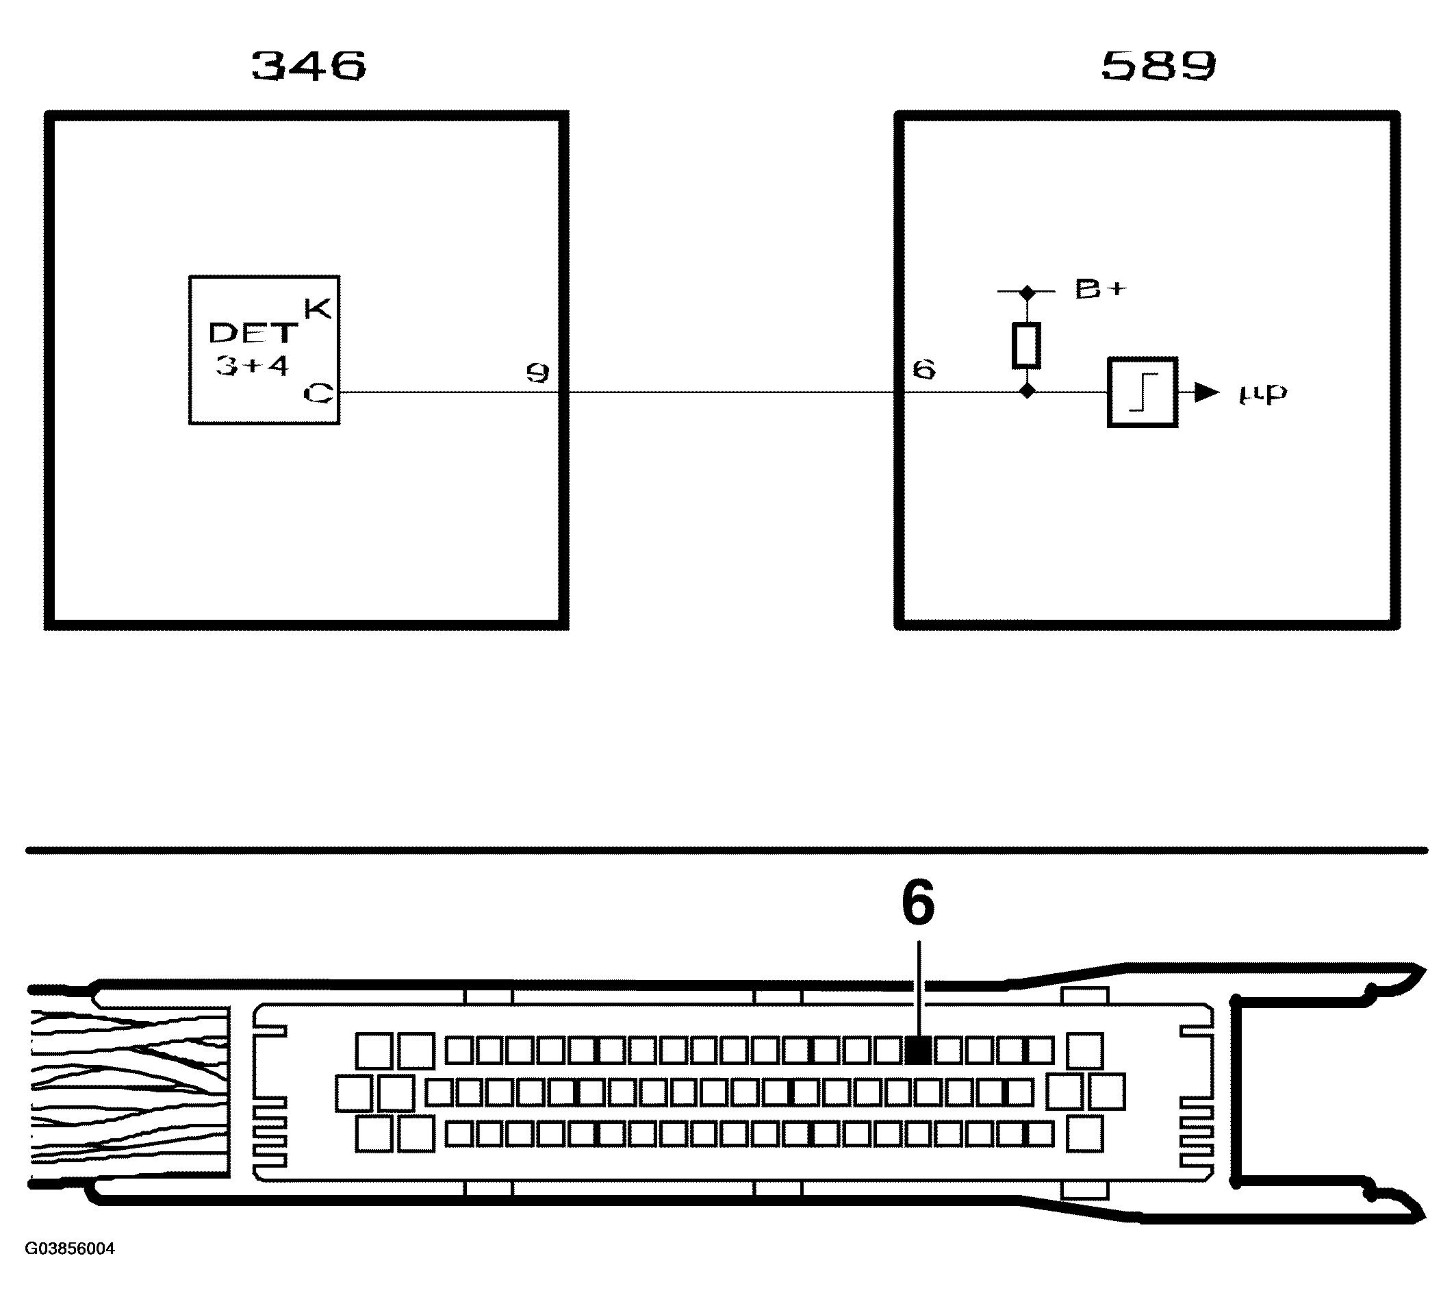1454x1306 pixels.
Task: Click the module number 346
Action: pyautogui.click(x=309, y=66)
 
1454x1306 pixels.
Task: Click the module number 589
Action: pyautogui.click(x=1158, y=66)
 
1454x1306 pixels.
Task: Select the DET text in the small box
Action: pyautogui.click(x=253, y=333)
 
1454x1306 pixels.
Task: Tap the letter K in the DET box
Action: pyautogui.click(x=317, y=309)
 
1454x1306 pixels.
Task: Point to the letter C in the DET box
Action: pyautogui.click(x=318, y=393)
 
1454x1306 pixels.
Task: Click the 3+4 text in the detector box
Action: pyautogui.click(x=252, y=365)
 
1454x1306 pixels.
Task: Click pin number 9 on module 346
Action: pyautogui.click(x=537, y=373)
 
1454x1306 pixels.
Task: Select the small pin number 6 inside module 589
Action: pyautogui.click(x=924, y=370)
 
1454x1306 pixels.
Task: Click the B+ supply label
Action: pyautogui.click(x=1100, y=288)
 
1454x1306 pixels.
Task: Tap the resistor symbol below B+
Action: pyautogui.click(x=1026, y=346)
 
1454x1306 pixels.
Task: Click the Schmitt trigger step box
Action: pyautogui.click(x=1142, y=392)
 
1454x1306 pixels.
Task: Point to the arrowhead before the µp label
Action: pyautogui.click(x=1208, y=392)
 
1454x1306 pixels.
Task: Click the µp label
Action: pyautogui.click(x=1262, y=393)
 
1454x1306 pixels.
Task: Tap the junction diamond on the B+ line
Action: pyautogui.click(x=1028, y=292)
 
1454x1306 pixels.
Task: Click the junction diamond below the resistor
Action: pyautogui.click(x=1028, y=391)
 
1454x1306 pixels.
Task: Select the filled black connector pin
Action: pyautogui.click(x=918, y=1051)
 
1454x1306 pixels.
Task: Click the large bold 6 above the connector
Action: pyautogui.click(x=918, y=903)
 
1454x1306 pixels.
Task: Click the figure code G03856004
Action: pyautogui.click(x=70, y=1248)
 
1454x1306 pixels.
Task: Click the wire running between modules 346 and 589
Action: pyautogui.click(x=732, y=392)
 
